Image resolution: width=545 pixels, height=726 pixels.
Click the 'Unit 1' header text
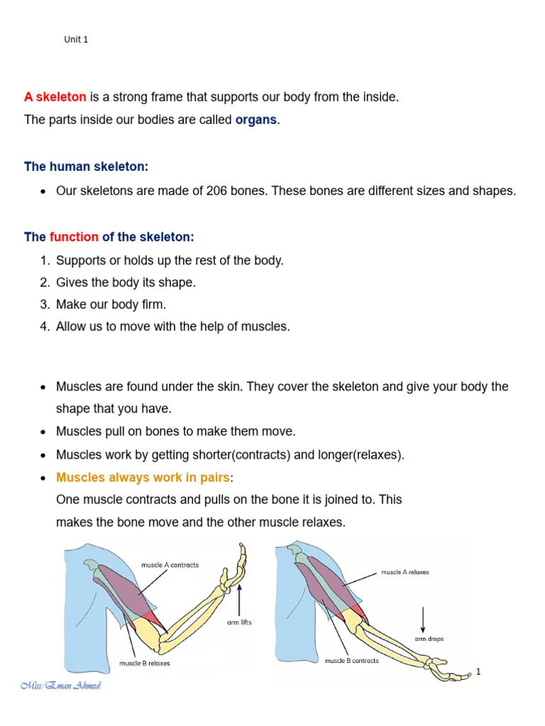coord(76,40)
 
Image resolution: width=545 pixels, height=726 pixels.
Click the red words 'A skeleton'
coord(55,97)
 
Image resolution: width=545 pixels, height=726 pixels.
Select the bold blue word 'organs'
coord(256,120)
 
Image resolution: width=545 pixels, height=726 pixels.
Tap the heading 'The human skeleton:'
coord(87,167)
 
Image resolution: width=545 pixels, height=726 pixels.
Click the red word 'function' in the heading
coord(74,236)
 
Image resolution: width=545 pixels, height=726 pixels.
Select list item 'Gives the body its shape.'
coord(126,282)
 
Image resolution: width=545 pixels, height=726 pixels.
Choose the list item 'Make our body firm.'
coord(111,304)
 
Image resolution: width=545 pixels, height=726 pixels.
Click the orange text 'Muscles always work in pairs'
coord(143,477)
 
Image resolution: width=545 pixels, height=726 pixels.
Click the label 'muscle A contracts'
coord(170,565)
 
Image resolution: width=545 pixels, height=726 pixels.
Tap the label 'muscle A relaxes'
coord(404,571)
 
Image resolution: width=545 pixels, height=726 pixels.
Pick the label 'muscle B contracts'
coord(351,660)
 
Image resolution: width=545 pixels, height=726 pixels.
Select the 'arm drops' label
coord(429,639)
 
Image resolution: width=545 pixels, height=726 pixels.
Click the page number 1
coord(479,671)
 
